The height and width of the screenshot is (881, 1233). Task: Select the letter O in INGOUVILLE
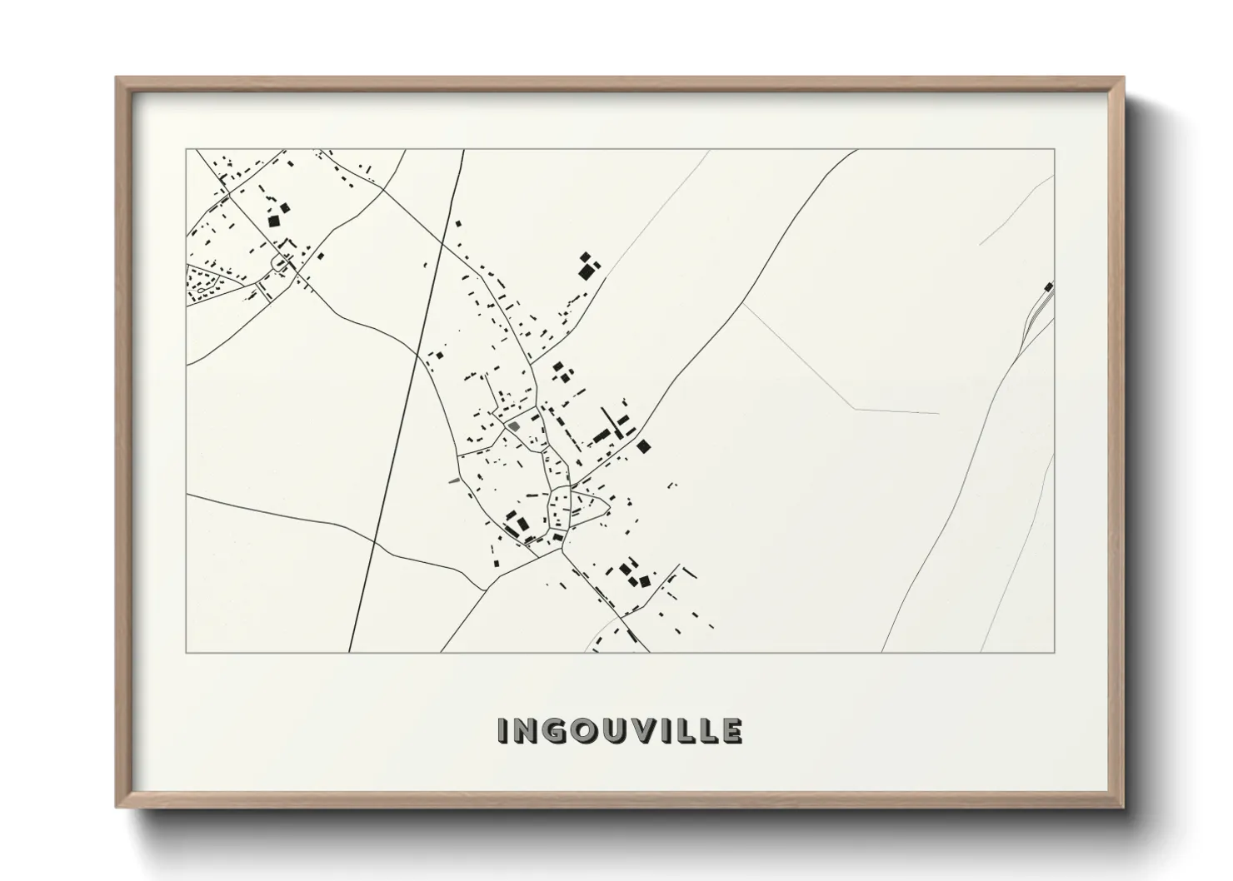pyautogui.click(x=583, y=730)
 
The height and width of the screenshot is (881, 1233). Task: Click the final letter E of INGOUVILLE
pyautogui.click(x=731, y=730)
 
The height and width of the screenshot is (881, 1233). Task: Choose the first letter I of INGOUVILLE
pyautogui.click(x=502, y=730)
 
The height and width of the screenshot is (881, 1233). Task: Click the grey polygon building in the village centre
pyautogui.click(x=514, y=426)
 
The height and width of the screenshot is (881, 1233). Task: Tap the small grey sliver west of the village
pyautogui.click(x=453, y=480)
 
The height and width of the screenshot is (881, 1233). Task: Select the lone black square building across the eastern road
pyautogui.click(x=644, y=446)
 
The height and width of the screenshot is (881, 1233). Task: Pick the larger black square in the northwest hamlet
pyautogui.click(x=273, y=221)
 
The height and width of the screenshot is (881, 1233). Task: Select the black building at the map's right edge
pyautogui.click(x=1048, y=287)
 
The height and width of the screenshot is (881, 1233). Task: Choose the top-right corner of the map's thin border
pyautogui.click(x=1055, y=150)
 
